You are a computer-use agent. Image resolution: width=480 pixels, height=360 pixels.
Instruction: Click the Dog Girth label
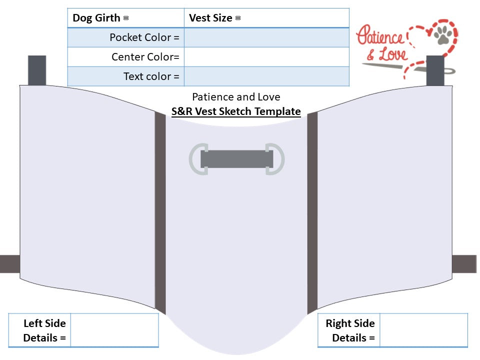point(100,18)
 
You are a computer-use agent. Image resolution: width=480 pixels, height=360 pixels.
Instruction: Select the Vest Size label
point(214,18)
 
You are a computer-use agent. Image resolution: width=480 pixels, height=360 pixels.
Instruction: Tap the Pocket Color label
point(144,37)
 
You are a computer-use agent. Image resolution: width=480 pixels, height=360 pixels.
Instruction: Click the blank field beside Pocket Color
point(266,37)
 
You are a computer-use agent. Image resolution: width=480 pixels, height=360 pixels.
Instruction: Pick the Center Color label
point(145,57)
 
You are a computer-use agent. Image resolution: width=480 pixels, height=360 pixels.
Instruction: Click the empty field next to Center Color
point(266,57)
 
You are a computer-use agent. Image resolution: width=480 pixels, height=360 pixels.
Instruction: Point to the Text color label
point(151,76)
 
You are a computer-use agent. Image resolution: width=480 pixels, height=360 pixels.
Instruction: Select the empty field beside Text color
point(266,76)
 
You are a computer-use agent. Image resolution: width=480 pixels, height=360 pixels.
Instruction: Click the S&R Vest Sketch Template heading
point(236,111)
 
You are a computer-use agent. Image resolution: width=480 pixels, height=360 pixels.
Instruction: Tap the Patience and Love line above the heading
point(236,96)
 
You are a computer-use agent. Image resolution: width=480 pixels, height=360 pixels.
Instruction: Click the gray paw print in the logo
point(442,34)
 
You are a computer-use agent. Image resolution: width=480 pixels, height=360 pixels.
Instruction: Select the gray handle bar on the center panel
point(237,159)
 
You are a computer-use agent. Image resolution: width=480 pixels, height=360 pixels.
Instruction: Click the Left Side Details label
point(44,330)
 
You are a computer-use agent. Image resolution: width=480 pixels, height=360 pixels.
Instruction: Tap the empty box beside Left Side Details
point(114,330)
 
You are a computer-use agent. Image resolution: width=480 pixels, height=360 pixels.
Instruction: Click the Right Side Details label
point(350,330)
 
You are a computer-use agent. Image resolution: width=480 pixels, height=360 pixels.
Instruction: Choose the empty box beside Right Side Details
point(423,330)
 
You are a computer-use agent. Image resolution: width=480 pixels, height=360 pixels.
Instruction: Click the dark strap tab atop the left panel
point(37,70)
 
